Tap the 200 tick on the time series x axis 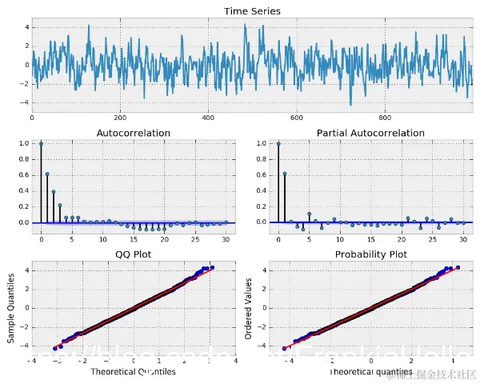[x=120, y=118]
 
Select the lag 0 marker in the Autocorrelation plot [x=41, y=144]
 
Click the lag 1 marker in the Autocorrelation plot [x=47, y=174]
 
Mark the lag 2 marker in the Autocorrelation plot [x=54, y=192]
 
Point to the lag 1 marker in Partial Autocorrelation [x=284, y=174]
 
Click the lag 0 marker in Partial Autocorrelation [x=278, y=144]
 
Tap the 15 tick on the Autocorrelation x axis [x=134, y=238]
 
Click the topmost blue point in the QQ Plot [x=212, y=267]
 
